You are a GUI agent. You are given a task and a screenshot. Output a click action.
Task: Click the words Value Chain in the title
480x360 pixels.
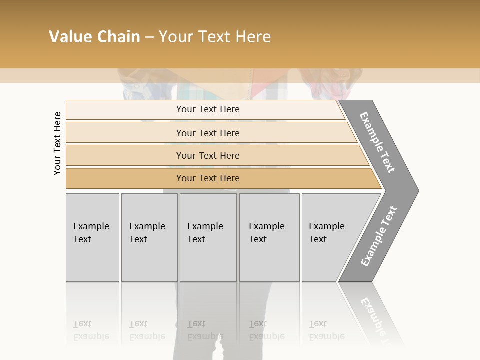click(x=94, y=37)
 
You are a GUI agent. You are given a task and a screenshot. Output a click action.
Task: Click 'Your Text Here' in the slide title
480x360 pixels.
click(x=214, y=37)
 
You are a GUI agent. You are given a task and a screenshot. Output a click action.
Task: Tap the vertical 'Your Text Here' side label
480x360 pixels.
click(x=58, y=143)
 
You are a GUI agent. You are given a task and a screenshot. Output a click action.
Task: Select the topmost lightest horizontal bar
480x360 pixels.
click(x=125, y=110)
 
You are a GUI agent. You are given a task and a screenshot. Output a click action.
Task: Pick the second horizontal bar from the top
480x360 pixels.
click(x=125, y=133)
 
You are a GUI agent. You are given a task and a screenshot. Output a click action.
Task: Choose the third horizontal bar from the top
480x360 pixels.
click(x=125, y=155)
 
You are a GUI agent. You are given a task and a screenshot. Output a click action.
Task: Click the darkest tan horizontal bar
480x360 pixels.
click(x=125, y=178)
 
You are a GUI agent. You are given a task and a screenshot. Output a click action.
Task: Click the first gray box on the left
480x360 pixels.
click(x=92, y=260)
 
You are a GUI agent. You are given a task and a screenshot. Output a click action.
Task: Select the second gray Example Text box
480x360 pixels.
click(x=149, y=260)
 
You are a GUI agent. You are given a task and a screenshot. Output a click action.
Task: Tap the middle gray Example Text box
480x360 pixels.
click(x=208, y=260)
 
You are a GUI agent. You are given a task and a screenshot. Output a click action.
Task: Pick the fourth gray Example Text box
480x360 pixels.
click(x=269, y=260)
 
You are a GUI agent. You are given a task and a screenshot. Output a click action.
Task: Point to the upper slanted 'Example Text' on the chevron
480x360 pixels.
click(x=377, y=142)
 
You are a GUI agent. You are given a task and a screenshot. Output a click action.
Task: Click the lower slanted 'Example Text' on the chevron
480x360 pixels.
click(x=379, y=236)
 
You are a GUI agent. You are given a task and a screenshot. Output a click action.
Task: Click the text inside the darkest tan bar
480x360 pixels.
click(x=208, y=178)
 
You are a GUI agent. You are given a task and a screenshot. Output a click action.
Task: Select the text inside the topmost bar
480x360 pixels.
click(x=208, y=109)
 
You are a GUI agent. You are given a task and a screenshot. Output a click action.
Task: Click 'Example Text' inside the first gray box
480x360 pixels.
click(x=91, y=232)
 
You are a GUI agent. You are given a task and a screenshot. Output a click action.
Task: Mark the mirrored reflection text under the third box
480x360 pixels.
click(x=205, y=330)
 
